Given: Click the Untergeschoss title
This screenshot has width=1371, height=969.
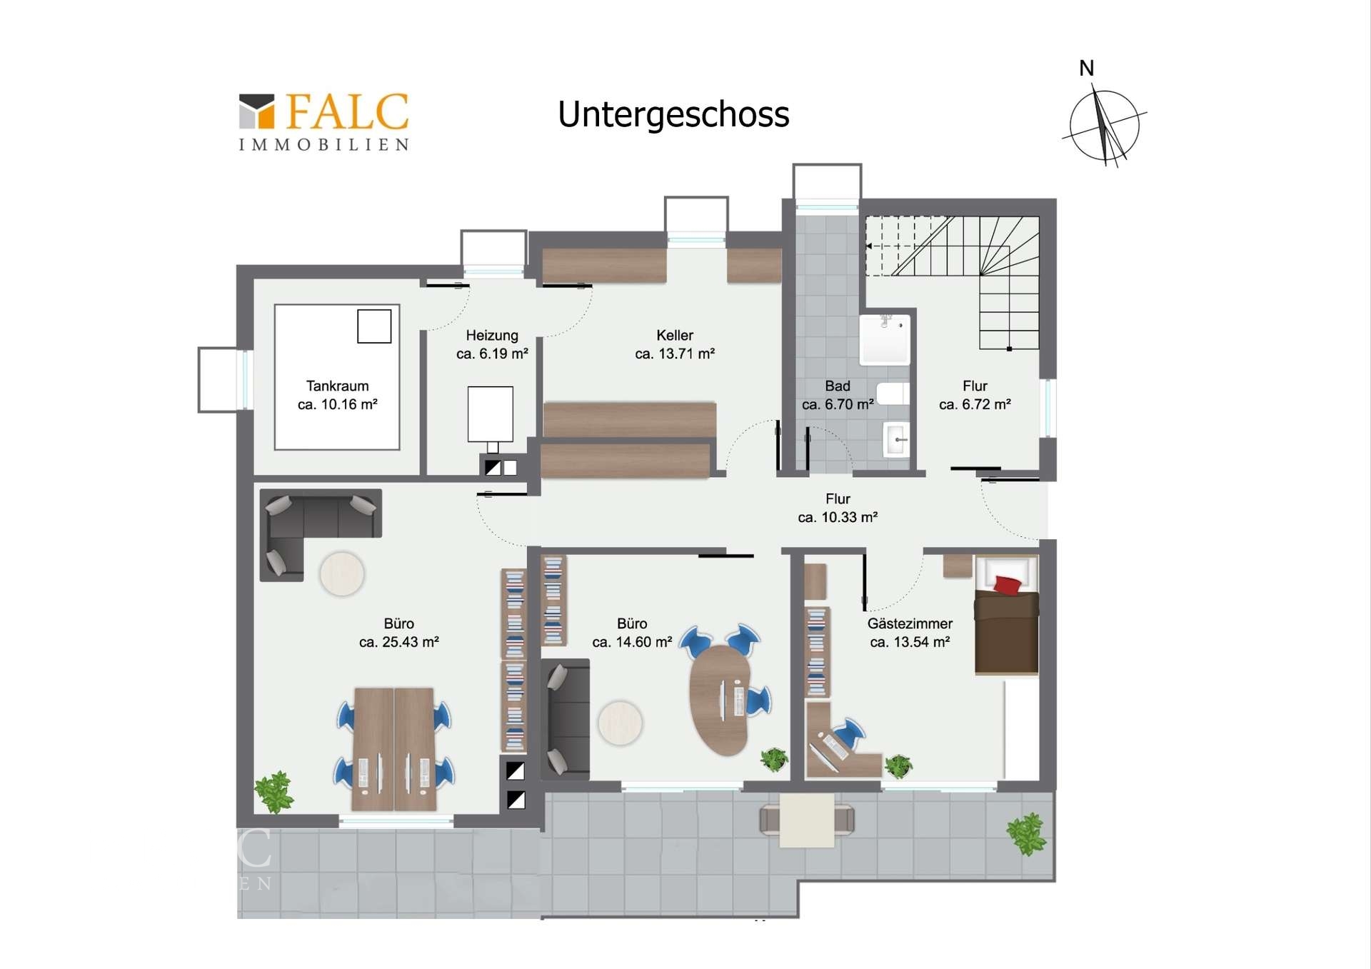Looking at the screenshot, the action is tap(673, 115).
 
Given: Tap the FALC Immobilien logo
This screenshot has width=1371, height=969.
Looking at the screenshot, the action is tap(324, 122).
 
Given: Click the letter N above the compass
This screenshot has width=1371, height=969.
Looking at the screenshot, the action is tap(1086, 69).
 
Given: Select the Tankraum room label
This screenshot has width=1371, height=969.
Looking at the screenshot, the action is tap(338, 386).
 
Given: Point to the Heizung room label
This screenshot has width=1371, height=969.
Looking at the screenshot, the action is tap(492, 336).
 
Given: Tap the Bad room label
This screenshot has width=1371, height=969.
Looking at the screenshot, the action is tap(838, 386).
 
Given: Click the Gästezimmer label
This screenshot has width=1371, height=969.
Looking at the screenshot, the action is tap(910, 623).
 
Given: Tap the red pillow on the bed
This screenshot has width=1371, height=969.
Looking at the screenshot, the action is tap(1008, 585).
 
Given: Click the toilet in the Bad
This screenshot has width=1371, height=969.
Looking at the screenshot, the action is tap(893, 393).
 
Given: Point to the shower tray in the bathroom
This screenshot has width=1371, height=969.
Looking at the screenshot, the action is tap(885, 340).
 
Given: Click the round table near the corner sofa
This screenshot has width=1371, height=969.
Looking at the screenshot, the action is tap(342, 574).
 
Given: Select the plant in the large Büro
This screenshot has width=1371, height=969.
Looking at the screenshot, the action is tap(274, 792).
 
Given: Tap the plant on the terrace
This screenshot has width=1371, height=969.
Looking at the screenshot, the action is tap(1027, 834).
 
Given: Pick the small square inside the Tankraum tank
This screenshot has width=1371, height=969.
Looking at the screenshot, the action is tap(374, 326).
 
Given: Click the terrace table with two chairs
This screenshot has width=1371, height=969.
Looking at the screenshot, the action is tap(807, 820).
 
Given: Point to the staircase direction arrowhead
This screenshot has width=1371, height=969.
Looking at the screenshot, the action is tap(869, 246).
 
